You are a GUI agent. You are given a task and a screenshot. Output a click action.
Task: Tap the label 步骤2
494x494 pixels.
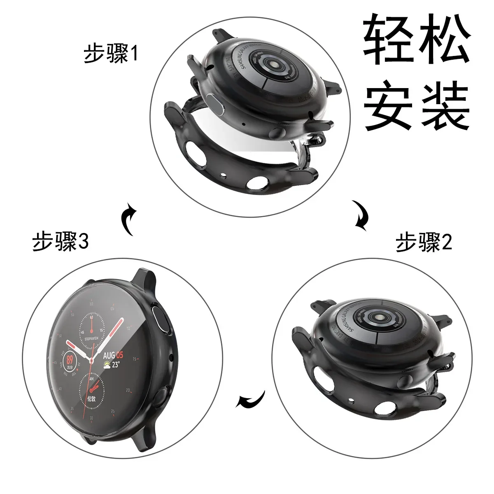pyautogui.click(x=424, y=242)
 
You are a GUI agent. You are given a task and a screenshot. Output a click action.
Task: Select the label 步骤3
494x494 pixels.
pyautogui.click(x=61, y=242)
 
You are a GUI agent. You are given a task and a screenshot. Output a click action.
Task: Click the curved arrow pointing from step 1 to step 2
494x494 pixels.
pyautogui.click(x=361, y=214)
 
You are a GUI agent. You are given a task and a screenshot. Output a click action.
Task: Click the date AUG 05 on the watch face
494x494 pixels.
pyautogui.click(x=113, y=355)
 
